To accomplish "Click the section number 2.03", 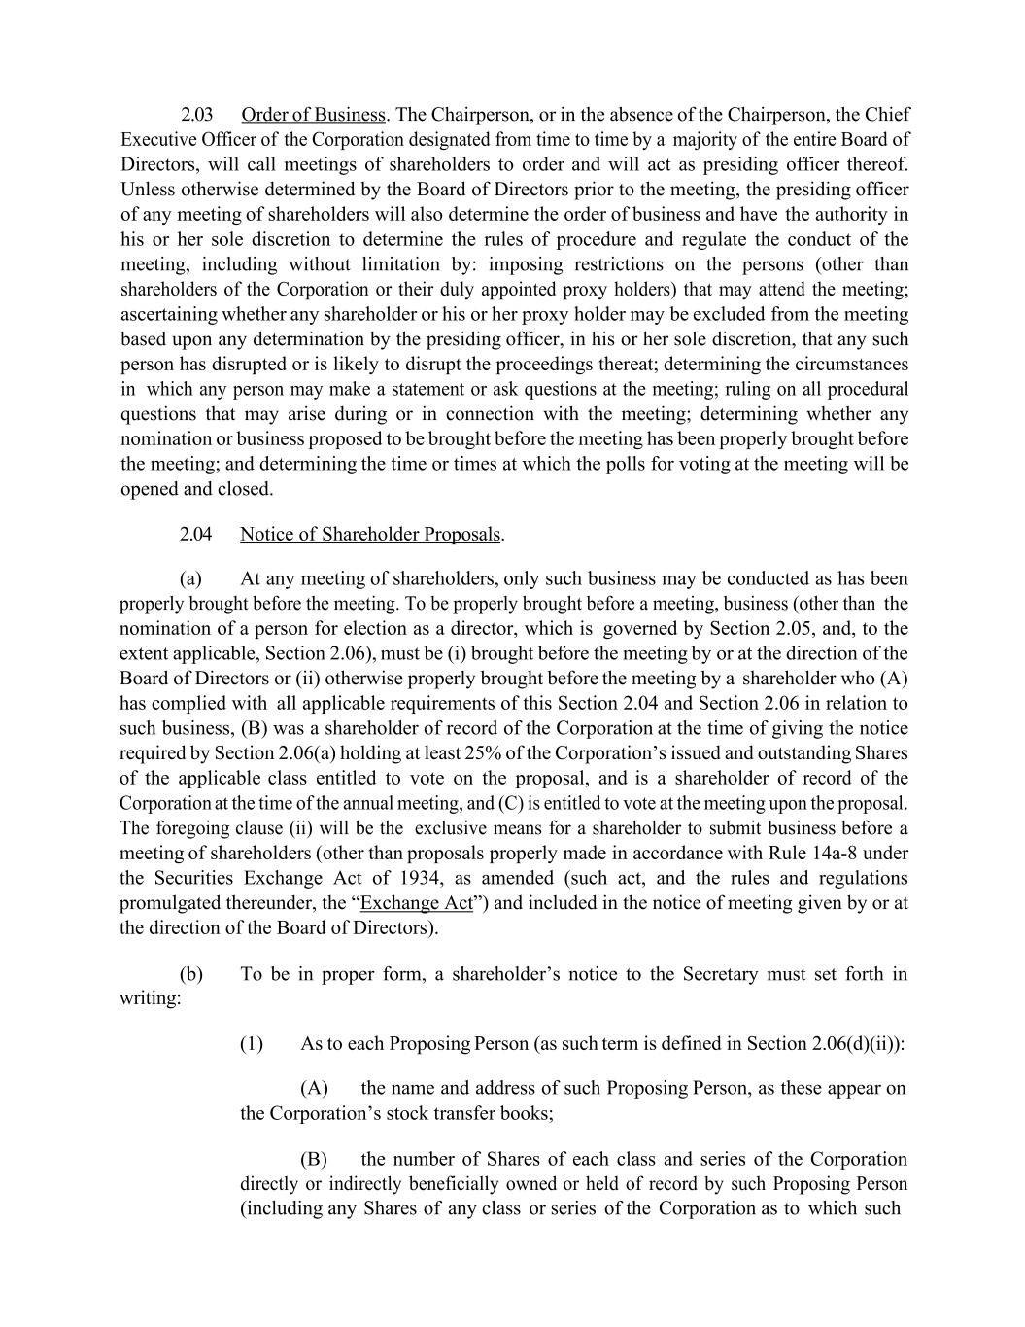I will tap(196, 115).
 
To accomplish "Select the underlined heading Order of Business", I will tap(313, 115).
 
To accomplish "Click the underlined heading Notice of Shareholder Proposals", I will tap(370, 534).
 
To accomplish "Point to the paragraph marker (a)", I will tap(190, 578).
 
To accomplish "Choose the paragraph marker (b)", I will tap(191, 974).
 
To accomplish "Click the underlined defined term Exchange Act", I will tap(417, 903).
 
